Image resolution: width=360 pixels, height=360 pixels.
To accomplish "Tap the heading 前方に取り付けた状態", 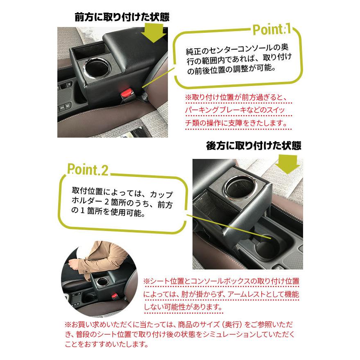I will (x=122, y=17).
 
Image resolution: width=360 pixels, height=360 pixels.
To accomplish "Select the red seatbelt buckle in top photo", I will (x=127, y=94).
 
